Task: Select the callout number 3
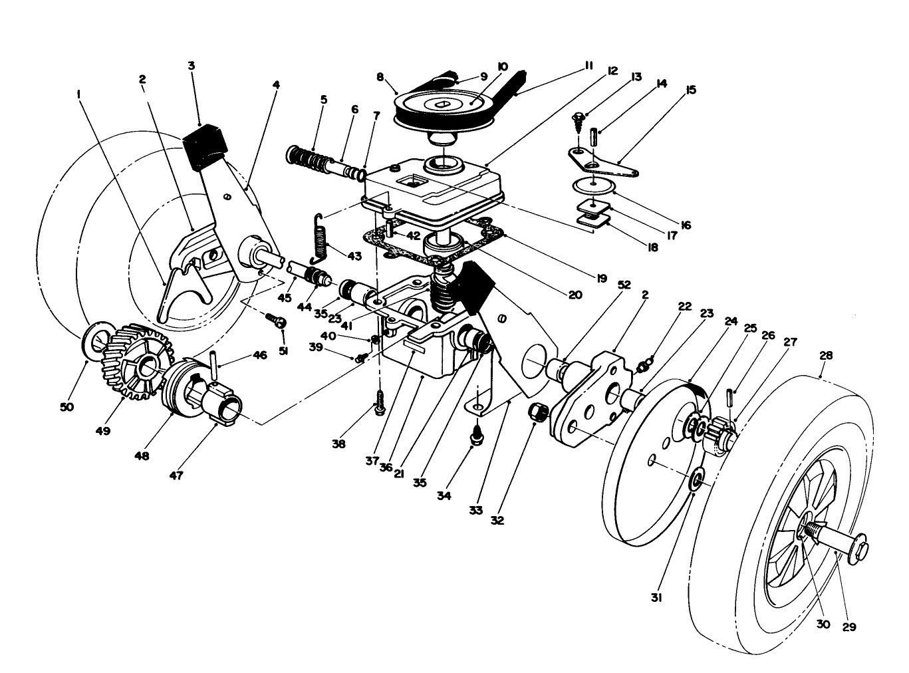click(192, 65)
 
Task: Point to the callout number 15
click(691, 89)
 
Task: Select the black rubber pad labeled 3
click(205, 146)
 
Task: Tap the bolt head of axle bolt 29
click(860, 551)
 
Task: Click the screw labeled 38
click(379, 403)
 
